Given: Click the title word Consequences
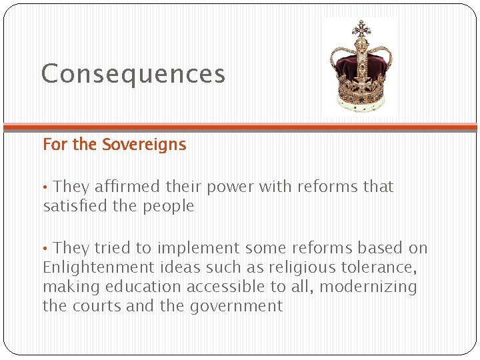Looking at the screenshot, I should click(x=133, y=73).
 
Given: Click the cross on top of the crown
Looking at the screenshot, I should click(x=361, y=27).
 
